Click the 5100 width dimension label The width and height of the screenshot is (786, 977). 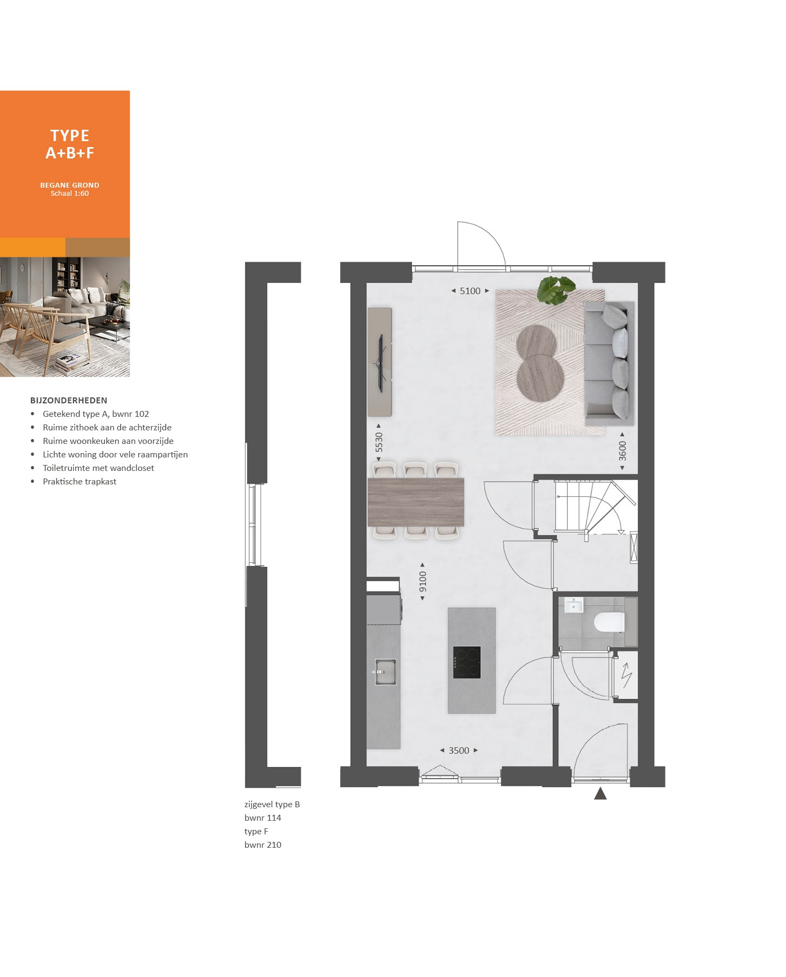470,291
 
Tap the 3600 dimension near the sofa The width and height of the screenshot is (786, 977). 623,450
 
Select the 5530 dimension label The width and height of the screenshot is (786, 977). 379,442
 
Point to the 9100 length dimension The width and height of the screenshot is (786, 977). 423,581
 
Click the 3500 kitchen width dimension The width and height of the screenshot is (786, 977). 459,750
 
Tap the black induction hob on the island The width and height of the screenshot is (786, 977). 467,662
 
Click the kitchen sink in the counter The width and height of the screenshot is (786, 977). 385,672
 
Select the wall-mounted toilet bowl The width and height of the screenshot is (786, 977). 609,622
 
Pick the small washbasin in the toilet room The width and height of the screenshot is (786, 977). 574,605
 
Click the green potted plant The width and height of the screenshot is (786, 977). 556,289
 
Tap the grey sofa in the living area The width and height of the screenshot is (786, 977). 610,363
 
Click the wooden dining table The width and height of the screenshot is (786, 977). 415,502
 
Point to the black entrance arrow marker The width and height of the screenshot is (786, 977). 600,793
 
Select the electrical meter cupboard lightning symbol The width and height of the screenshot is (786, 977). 626,675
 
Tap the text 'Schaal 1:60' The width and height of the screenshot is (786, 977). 70,194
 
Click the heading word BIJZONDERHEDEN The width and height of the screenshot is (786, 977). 69,401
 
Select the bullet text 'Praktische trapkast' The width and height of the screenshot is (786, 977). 80,482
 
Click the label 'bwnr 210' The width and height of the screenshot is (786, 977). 263,845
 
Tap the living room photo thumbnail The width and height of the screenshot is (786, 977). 65,317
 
